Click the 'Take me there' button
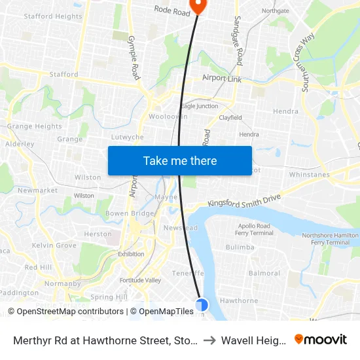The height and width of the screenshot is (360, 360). point(180,160)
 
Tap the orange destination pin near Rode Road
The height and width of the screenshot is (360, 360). point(197,6)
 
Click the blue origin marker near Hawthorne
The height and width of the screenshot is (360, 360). point(202,304)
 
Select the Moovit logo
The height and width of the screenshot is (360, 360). point(320,340)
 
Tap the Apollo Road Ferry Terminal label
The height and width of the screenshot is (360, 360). point(255,230)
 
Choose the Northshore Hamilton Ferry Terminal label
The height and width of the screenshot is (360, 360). point(330,238)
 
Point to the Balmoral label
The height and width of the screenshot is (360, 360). point(264,273)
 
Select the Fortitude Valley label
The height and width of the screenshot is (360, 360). point(140,280)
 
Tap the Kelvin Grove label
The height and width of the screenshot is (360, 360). point(54,245)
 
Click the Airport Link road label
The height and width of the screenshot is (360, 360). point(223,78)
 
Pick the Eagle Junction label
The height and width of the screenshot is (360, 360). point(199,106)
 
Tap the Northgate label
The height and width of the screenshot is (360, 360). point(275,11)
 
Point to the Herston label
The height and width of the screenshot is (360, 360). point(98,234)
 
